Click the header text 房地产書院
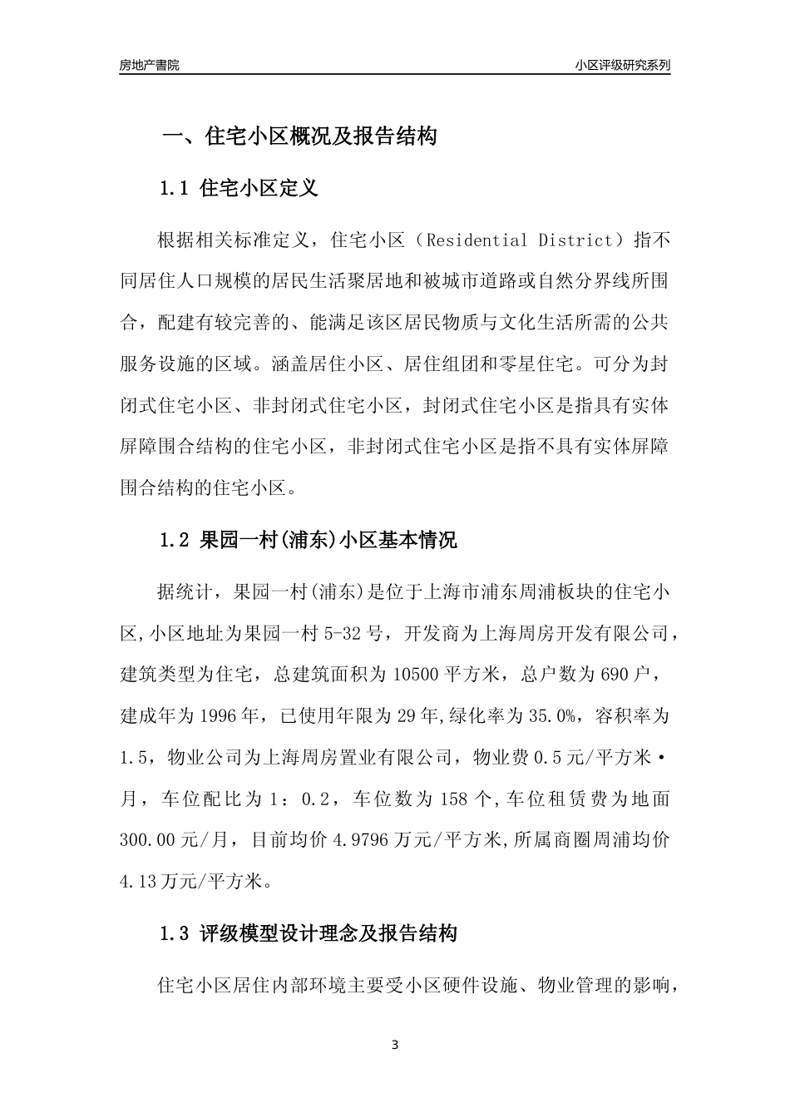[x=150, y=65]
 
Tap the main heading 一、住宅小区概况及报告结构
[x=299, y=136]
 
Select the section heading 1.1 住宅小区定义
[x=239, y=188]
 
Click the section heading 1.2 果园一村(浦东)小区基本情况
[x=308, y=540]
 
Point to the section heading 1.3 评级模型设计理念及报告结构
[x=308, y=933]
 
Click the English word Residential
[x=476, y=241]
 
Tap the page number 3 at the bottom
[x=395, y=1045]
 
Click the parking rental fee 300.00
[x=151, y=840]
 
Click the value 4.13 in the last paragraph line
[x=139, y=881]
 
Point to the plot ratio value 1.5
[x=133, y=758]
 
